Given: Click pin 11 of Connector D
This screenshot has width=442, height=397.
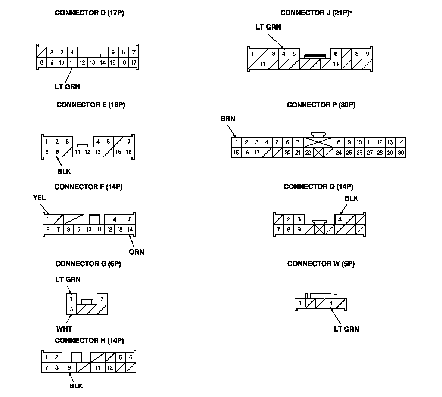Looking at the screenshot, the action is [x=72, y=63].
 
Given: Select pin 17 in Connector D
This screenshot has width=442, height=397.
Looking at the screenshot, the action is [x=133, y=63].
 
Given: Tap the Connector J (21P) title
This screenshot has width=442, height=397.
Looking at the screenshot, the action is [x=316, y=13].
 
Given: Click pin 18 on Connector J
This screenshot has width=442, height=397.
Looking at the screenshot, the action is [x=336, y=64].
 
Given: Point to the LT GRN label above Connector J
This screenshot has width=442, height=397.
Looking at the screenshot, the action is [x=268, y=27].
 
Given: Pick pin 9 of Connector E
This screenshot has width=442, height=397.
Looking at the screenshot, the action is [x=57, y=152].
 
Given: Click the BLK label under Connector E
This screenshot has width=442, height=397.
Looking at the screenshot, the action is [x=64, y=172].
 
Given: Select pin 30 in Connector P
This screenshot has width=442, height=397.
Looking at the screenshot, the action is [x=401, y=153].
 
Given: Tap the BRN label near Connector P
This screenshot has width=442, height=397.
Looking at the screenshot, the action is [x=228, y=119].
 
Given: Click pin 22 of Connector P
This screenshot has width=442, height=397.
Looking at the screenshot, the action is [x=308, y=153].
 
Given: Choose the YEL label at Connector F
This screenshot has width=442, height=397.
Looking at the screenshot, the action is [x=39, y=198].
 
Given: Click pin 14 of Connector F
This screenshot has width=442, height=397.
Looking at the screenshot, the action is [x=130, y=230].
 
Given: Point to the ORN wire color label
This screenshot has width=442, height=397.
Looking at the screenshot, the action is [x=136, y=252].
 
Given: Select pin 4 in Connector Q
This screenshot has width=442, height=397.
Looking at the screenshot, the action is [x=340, y=219].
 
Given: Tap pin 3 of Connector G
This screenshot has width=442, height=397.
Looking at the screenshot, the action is [x=71, y=310].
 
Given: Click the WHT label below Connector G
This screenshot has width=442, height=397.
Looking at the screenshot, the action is [x=64, y=329].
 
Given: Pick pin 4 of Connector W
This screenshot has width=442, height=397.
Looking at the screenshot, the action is [x=331, y=304].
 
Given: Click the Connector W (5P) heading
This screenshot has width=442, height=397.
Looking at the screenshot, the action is [x=321, y=264].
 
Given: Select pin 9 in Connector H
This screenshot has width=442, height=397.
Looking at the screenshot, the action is [x=69, y=368].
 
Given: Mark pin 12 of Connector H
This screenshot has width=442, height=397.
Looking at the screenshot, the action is [x=110, y=368].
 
